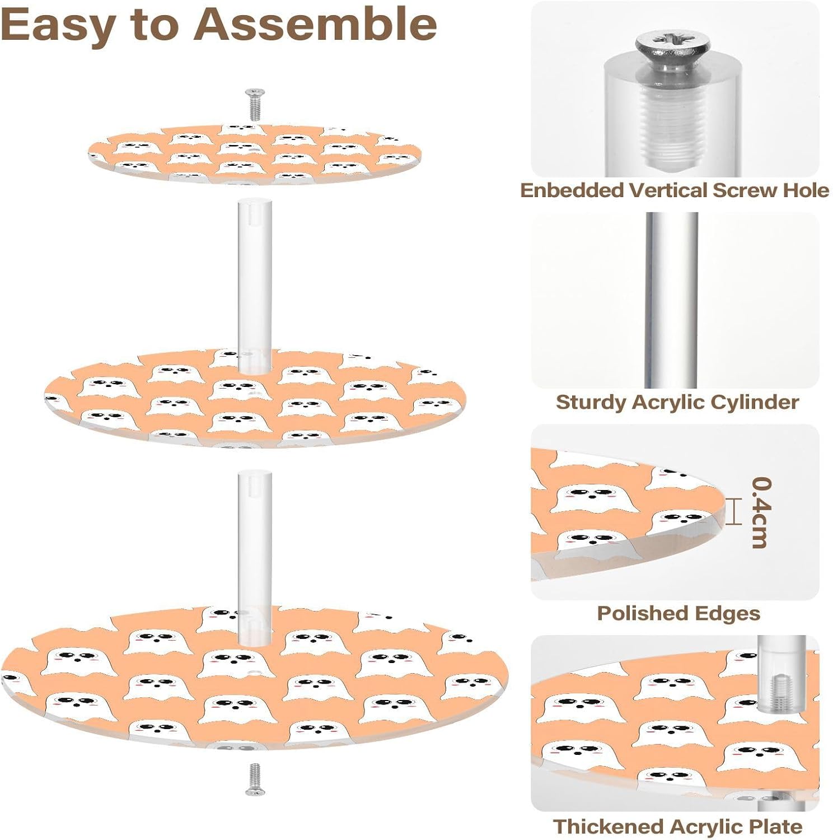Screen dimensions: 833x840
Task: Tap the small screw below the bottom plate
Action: [255, 778]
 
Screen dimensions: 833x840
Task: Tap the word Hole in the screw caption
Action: [806, 190]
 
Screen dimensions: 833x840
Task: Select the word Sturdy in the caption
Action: [591, 402]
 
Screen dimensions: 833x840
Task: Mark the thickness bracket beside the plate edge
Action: [733, 511]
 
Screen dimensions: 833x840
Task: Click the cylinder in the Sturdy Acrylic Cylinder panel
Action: [672, 300]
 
